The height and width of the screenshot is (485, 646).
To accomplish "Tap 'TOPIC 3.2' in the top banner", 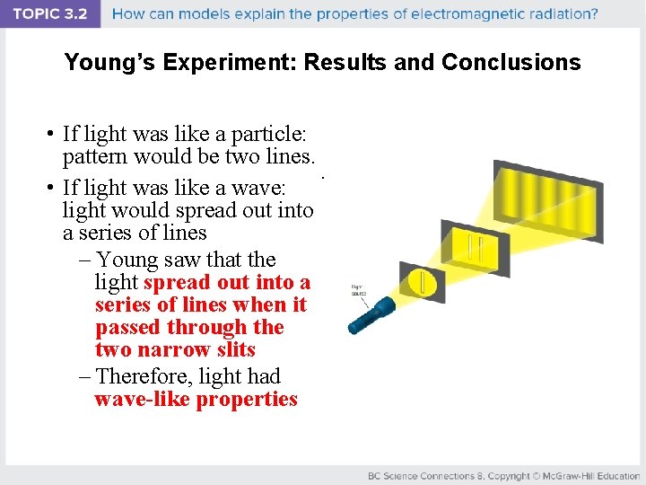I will coord(50,13).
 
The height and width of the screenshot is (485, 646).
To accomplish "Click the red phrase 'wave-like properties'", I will coord(196,400).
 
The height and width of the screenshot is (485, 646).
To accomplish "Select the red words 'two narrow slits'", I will coord(175,350).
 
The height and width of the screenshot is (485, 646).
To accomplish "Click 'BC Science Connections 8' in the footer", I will coord(432,475).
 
